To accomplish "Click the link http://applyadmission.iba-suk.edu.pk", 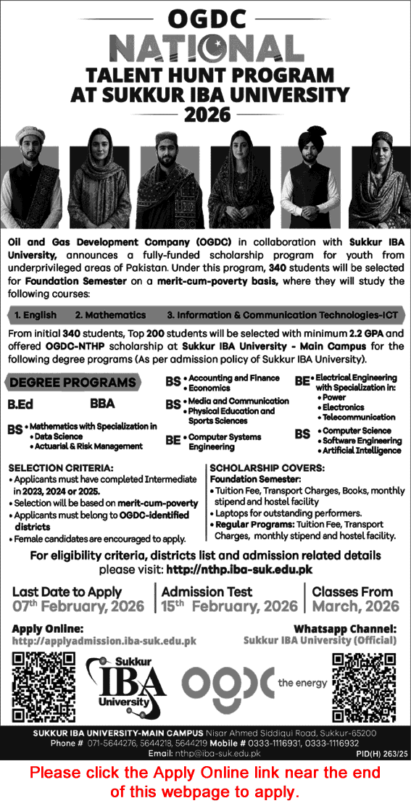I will coord(104,641).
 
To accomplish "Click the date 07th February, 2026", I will coord(78,606).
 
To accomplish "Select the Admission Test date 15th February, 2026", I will coord(230,606).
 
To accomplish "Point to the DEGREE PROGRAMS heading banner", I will coord(73,382).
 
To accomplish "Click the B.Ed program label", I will coord(22,404).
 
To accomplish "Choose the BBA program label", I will coord(103,404).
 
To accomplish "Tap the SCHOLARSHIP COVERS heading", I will coord(258,468).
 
